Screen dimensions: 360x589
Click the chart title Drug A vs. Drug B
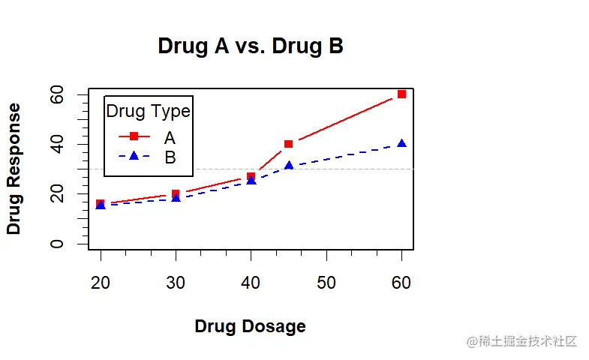251,46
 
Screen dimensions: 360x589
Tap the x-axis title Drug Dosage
250,326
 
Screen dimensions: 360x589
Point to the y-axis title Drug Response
14,169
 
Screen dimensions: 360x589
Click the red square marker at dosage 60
401,94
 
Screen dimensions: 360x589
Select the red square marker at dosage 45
289,144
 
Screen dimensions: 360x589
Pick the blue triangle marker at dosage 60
401,143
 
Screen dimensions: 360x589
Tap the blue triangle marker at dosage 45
289,165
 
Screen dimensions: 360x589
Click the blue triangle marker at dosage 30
176,198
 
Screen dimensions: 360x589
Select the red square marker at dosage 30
176,193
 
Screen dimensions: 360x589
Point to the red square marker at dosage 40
251,176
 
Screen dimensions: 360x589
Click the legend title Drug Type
148,112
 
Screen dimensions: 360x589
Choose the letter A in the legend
170,137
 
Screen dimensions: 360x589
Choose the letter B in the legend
170,157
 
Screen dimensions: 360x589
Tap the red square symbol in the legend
134,136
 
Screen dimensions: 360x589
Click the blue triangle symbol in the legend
134,156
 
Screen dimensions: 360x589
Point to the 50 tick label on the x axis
326,283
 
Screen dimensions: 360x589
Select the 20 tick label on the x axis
101,283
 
